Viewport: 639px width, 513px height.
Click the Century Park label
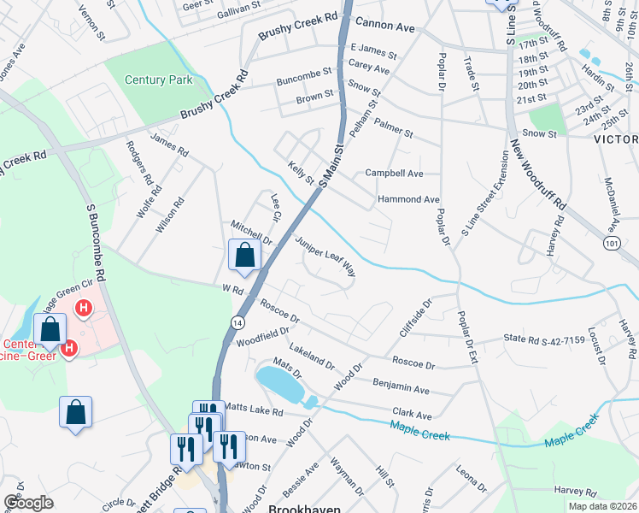point(159,80)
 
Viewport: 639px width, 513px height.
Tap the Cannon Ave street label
point(385,27)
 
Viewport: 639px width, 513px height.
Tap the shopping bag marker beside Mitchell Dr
point(244,256)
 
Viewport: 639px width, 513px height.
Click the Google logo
point(28,503)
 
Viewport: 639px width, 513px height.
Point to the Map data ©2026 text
point(602,506)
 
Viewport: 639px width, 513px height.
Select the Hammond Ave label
point(408,199)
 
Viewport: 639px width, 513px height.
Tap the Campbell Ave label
point(395,173)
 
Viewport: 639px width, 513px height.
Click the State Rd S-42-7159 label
point(544,339)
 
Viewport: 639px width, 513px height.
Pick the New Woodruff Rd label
point(538,175)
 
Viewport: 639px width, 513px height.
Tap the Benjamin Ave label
point(402,384)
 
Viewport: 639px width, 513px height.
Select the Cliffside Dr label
point(416,315)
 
